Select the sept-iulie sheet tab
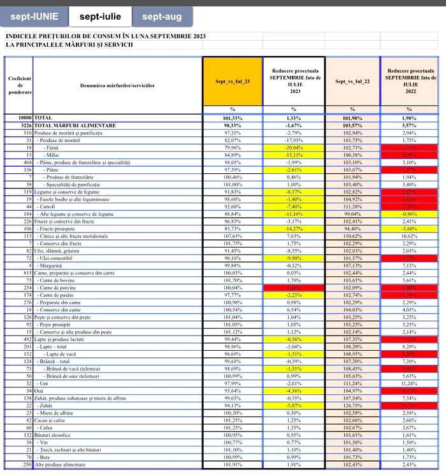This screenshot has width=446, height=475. coord(100,17)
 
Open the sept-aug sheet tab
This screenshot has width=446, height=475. coord(162,17)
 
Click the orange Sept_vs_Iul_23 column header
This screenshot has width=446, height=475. coord(233,82)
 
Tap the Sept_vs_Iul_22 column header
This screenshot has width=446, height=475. coord(352,82)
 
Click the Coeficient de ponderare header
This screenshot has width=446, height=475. coord(19,85)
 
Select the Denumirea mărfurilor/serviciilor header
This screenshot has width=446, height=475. coord(118,85)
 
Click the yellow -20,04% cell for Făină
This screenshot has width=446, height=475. coord(294,147)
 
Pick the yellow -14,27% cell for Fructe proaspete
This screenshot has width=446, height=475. coord(294,228)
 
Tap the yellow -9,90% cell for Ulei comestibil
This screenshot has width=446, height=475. coord(294,258)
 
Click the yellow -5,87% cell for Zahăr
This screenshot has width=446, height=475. coord(294,405)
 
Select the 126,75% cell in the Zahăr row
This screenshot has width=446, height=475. coord(352,405)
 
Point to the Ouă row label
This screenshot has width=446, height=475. coord(41,390)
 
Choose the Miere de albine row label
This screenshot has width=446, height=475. coord(60,413)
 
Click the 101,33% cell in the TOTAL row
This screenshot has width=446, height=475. coord(233,118)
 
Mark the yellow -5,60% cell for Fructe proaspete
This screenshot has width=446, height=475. coord(410,228)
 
